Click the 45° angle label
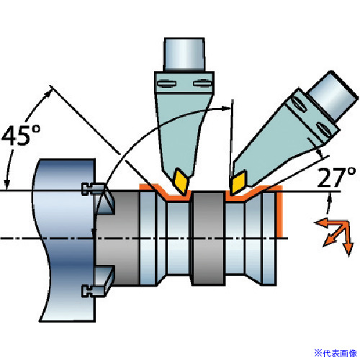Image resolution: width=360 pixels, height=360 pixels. tap(21, 135)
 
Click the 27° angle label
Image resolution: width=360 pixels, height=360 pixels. tap(336, 177)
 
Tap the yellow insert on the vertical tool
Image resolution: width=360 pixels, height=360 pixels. tap(181, 181)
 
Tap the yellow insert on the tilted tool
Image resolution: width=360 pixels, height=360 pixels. tap(238, 182)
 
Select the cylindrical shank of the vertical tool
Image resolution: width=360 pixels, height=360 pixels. tap(184, 54)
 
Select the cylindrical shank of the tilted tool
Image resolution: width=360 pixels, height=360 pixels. tap(333, 96)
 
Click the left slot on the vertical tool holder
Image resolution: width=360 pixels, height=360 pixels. tap(166, 84)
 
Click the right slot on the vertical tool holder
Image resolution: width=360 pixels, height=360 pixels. tap(202, 84)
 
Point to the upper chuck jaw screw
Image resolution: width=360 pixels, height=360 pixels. tap(93, 189)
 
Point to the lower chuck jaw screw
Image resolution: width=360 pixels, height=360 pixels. tap(93, 291)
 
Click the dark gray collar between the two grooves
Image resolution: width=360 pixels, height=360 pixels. tap(208, 238)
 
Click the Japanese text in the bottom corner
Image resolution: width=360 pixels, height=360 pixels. tap(336, 353)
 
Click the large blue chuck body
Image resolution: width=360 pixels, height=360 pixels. tap(65, 240)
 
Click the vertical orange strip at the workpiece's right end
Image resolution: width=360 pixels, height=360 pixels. tap(280, 212)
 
